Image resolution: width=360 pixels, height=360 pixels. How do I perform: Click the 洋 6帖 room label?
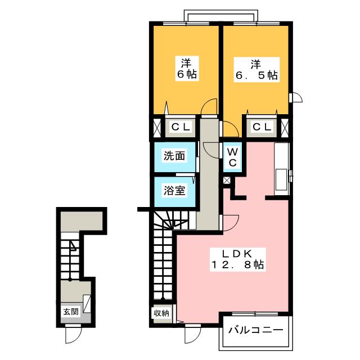184,67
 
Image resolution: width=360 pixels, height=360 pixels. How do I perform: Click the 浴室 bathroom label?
174,190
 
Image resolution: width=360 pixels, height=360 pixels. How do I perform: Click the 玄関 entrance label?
70,311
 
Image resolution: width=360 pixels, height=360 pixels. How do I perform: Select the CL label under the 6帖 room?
181,127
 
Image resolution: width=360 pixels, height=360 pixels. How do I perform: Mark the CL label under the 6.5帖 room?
261,127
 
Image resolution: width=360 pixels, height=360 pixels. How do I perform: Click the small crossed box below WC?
227,181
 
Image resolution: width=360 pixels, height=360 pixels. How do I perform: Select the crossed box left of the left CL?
155,127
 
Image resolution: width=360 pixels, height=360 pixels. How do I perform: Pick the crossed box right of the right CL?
286,127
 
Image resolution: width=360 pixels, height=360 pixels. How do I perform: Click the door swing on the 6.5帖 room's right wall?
296,98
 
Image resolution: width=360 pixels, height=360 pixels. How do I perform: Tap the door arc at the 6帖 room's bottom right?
209,107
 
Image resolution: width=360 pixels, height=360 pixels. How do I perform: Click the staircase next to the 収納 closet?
163,259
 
